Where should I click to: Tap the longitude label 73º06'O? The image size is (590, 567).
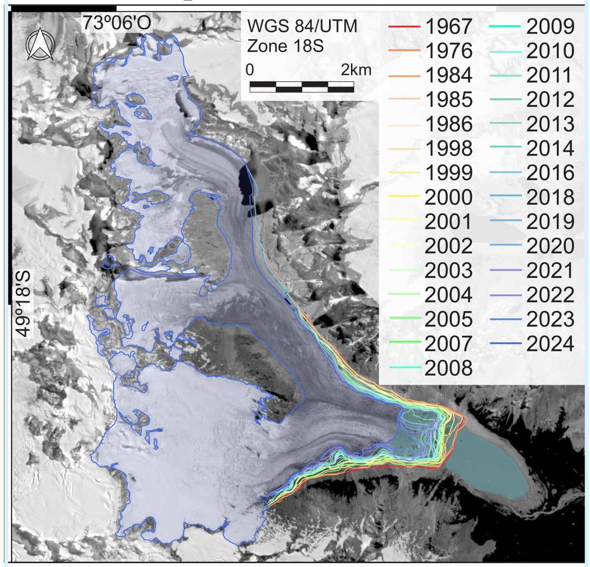point(116,23)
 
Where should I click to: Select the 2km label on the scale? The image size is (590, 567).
point(356,70)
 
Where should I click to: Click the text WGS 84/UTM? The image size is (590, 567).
point(302,26)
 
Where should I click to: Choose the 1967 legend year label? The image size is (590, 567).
point(448,27)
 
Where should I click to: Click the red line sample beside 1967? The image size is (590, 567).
point(404,27)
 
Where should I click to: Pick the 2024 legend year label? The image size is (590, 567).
point(550,344)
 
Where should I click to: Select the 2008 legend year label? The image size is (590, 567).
point(448,368)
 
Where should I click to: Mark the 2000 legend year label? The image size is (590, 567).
point(448,197)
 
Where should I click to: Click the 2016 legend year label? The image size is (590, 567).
point(550,173)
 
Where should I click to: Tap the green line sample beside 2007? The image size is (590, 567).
point(404,343)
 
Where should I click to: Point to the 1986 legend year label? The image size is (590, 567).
point(448,124)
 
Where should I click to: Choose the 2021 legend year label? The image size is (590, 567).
point(550,270)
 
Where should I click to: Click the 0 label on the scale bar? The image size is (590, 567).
point(250,70)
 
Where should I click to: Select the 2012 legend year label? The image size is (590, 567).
point(550,99)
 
